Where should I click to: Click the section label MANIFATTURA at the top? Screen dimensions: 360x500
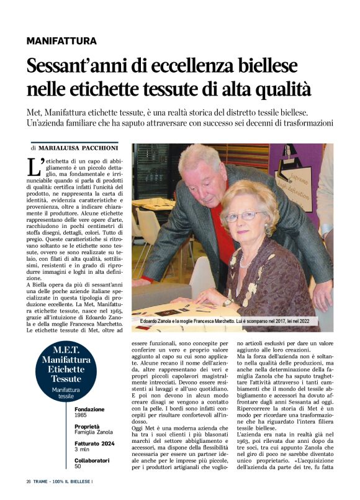click(x=61, y=41)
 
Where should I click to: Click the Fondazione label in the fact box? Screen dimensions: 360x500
click(x=91, y=410)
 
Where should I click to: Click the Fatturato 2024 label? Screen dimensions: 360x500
click(x=96, y=445)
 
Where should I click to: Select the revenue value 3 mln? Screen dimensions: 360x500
click(x=83, y=451)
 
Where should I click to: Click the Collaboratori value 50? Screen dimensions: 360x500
click(x=78, y=467)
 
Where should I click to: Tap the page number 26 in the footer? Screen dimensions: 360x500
click(x=29, y=482)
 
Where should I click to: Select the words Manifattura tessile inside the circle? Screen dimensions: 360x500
click(x=66, y=393)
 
